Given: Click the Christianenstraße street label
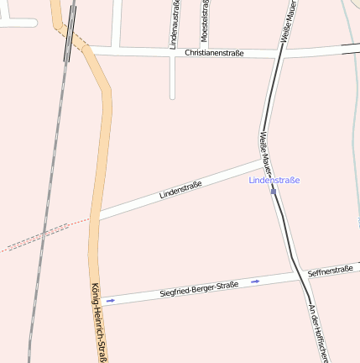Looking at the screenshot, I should [x=214, y=53].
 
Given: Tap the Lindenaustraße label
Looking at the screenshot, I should [x=175, y=24].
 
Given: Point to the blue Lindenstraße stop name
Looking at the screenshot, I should [x=274, y=180].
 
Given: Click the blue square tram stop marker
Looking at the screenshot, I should [x=274, y=192].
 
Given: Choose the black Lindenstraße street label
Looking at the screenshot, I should [x=180, y=190].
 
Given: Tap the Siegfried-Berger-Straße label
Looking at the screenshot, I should [x=199, y=290].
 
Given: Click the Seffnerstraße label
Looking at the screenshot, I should [x=330, y=271].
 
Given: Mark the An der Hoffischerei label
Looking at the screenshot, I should [x=316, y=332].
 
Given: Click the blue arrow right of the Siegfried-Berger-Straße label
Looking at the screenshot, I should [x=255, y=281].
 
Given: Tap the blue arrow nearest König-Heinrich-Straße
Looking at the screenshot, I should [x=110, y=300].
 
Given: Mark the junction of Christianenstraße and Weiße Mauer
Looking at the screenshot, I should [x=277, y=55].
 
